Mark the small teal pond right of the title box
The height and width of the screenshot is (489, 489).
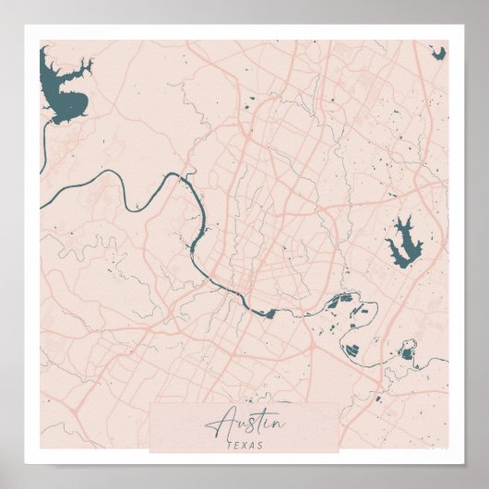tap(377, 399)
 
